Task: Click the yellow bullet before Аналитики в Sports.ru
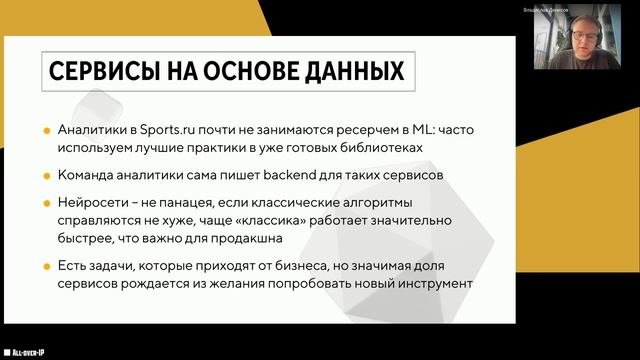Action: coord(47,130)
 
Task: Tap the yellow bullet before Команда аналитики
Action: coord(47,175)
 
